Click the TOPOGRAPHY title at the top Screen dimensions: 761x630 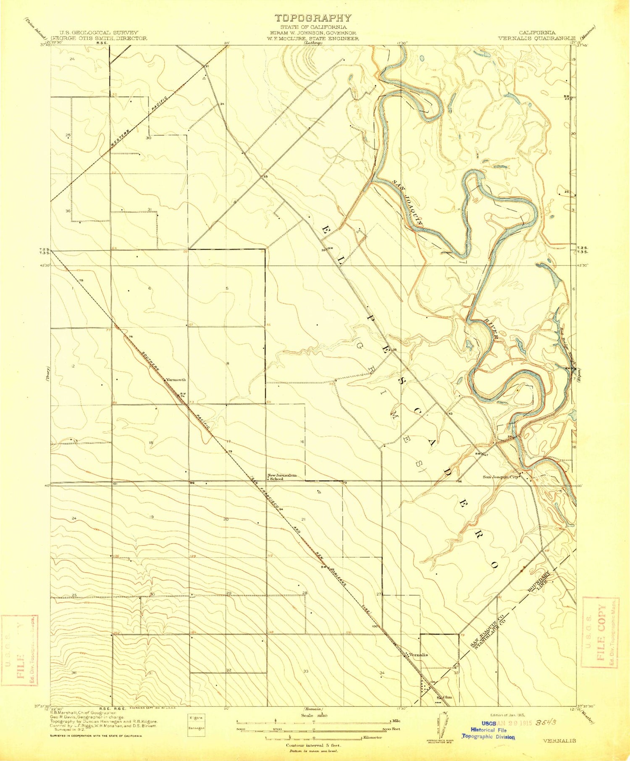tap(313, 18)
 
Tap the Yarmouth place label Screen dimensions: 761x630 tap(176, 380)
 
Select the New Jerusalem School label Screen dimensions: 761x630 tap(282, 477)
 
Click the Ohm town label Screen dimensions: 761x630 tap(447, 698)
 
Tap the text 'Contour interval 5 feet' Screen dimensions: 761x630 tap(313, 745)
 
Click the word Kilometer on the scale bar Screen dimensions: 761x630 tap(372, 737)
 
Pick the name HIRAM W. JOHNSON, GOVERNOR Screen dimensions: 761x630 tap(313, 33)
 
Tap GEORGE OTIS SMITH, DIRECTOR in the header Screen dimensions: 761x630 tap(99, 38)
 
